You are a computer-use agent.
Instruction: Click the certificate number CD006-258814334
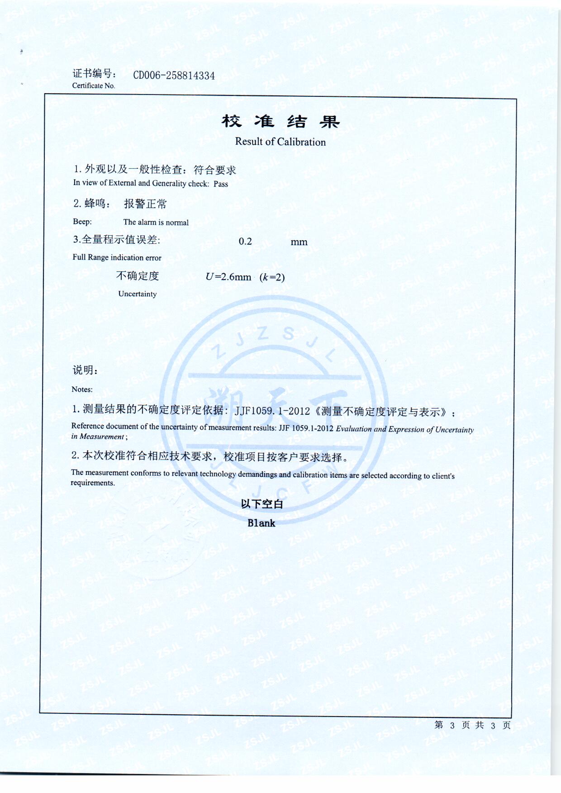tap(174, 76)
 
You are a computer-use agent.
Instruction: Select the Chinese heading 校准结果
tap(280, 121)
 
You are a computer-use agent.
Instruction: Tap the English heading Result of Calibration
tap(280, 142)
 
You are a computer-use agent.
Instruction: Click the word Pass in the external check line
tap(221, 184)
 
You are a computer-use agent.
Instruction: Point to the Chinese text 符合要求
tap(215, 170)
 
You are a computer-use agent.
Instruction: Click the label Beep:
tap(82, 222)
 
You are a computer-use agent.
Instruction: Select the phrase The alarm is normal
tap(156, 222)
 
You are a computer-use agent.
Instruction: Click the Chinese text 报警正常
tap(145, 204)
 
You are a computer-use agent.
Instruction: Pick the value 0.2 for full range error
tap(245, 242)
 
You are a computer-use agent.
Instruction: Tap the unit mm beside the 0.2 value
tap(299, 242)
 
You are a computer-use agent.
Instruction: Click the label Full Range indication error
tap(117, 257)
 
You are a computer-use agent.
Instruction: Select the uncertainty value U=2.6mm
tap(228, 277)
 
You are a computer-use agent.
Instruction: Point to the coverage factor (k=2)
tap(272, 277)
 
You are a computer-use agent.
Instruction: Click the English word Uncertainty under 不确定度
tap(137, 294)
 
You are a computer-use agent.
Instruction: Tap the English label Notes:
tap(82, 389)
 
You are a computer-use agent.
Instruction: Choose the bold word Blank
tap(261, 523)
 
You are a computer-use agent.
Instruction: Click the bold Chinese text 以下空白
tap(261, 504)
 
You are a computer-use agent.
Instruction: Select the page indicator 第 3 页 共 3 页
tap(472, 725)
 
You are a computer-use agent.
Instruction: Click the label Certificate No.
tap(94, 85)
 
